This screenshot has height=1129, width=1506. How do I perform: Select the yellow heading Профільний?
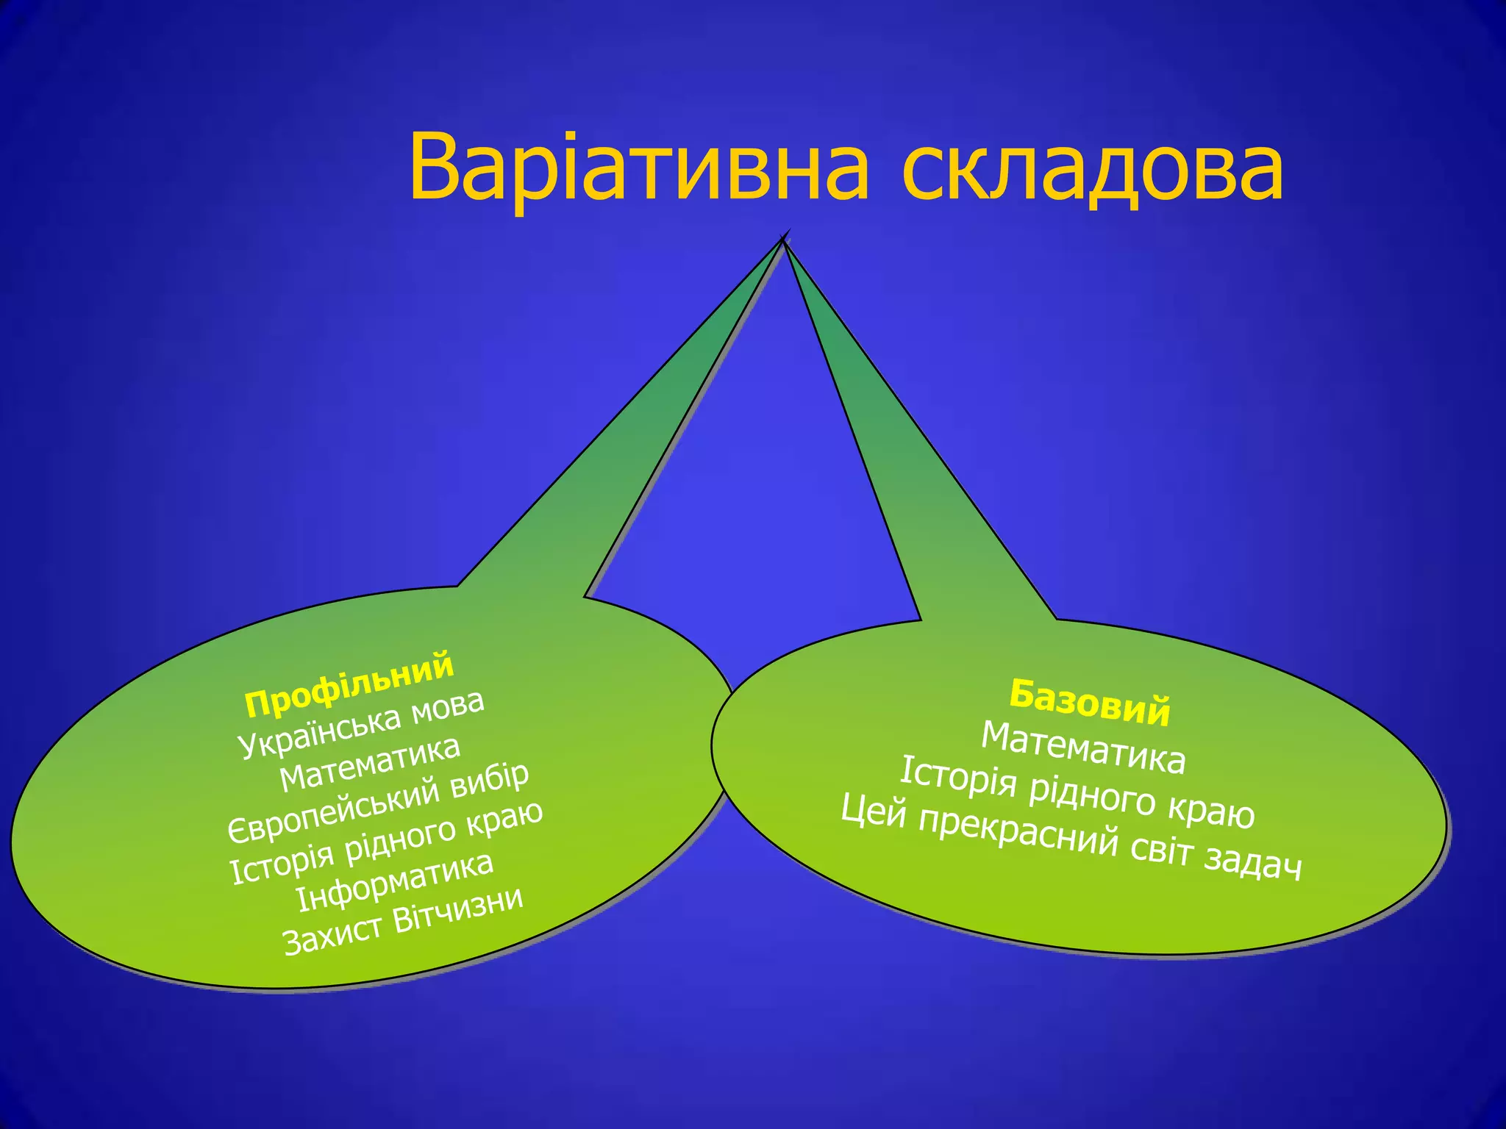pyautogui.click(x=349, y=684)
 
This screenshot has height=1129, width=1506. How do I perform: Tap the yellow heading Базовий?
pyautogui.click(x=1089, y=703)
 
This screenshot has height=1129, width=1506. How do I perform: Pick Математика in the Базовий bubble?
pyautogui.click(x=1083, y=748)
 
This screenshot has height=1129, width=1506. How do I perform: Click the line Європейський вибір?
pyautogui.click(x=378, y=803)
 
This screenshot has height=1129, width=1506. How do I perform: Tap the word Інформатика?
pyautogui.click(x=394, y=881)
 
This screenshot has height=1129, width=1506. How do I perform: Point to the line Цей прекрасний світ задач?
pyautogui.click(x=1071, y=838)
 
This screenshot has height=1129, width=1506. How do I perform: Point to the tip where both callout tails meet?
pyautogui.click(x=784, y=240)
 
